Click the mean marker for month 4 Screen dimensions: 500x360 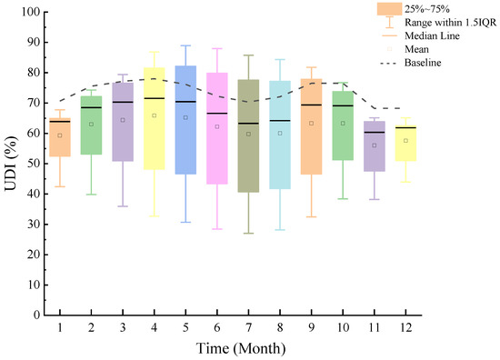click(x=154, y=115)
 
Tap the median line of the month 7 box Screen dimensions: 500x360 click(x=248, y=124)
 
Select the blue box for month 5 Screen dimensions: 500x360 click(x=185, y=120)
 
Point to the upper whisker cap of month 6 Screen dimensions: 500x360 click(x=217, y=48)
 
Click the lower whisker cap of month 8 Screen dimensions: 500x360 click(x=280, y=230)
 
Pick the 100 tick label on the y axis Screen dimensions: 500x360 click(x=31, y=12)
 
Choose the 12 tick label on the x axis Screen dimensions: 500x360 click(x=405, y=327)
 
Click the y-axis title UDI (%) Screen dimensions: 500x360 click(x=11, y=164)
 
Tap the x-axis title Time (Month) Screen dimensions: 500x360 click(x=241, y=348)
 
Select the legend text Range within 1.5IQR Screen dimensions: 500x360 click(x=451, y=23)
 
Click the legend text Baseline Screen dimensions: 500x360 click(x=423, y=63)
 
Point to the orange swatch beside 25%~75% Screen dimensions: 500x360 click(x=389, y=9)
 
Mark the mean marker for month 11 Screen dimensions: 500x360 click(x=375, y=145)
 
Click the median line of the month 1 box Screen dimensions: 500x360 click(x=60, y=122)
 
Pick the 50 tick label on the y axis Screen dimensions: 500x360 click(x=34, y=164)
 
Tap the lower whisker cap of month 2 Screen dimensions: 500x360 click(x=91, y=195)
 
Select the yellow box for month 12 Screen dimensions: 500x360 click(x=405, y=143)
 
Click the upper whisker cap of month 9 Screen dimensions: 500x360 click(x=312, y=67)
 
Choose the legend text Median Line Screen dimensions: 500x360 click(x=432, y=35)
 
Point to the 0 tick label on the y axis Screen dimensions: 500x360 click(x=37, y=315)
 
